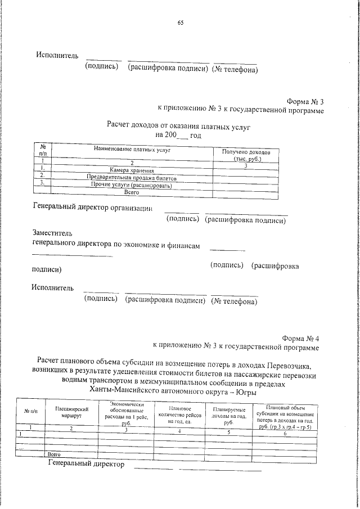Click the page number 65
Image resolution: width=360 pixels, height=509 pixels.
[x=181, y=22]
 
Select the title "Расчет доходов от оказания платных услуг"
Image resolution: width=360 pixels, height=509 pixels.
[x=178, y=127]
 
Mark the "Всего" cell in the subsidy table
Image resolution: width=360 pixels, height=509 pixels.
[x=54, y=453]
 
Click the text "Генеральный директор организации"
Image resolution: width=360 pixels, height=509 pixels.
[x=93, y=208]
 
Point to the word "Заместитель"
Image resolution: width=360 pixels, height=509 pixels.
[x=52, y=232]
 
